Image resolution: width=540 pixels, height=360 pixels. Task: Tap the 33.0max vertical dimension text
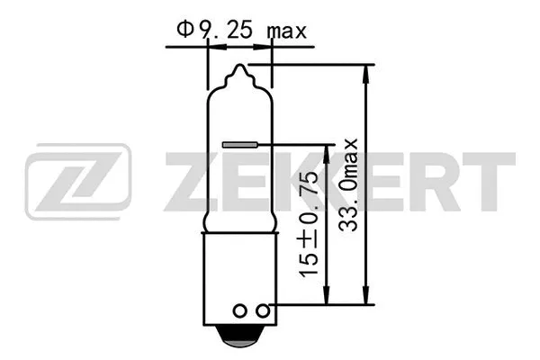(x=350, y=184)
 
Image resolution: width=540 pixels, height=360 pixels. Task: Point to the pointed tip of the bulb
(x=240, y=68)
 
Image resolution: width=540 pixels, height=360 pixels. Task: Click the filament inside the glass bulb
(x=239, y=143)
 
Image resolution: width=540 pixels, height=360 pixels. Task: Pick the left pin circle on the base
(x=239, y=310)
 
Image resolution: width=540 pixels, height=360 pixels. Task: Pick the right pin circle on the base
(x=263, y=310)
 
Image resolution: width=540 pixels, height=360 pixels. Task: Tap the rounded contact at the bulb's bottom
(x=240, y=339)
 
